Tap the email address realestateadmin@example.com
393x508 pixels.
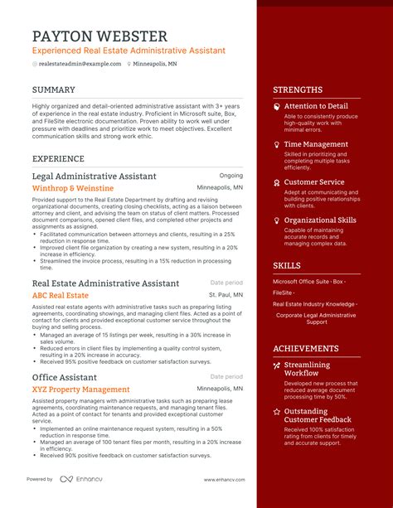(x=80, y=64)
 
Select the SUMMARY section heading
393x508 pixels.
(x=55, y=90)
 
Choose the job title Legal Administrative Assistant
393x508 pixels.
(x=94, y=177)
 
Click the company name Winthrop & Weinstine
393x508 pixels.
(x=74, y=188)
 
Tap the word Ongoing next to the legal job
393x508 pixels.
(x=230, y=176)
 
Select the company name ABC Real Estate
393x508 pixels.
(x=60, y=295)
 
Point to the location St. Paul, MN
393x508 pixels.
(x=226, y=294)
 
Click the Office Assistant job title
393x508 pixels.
(x=65, y=377)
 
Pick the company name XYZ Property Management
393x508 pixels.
(x=80, y=389)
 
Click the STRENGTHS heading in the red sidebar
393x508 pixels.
(x=298, y=90)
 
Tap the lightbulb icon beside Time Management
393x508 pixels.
(x=276, y=144)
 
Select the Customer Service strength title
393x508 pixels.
(x=314, y=182)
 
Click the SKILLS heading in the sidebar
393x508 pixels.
(x=287, y=265)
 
